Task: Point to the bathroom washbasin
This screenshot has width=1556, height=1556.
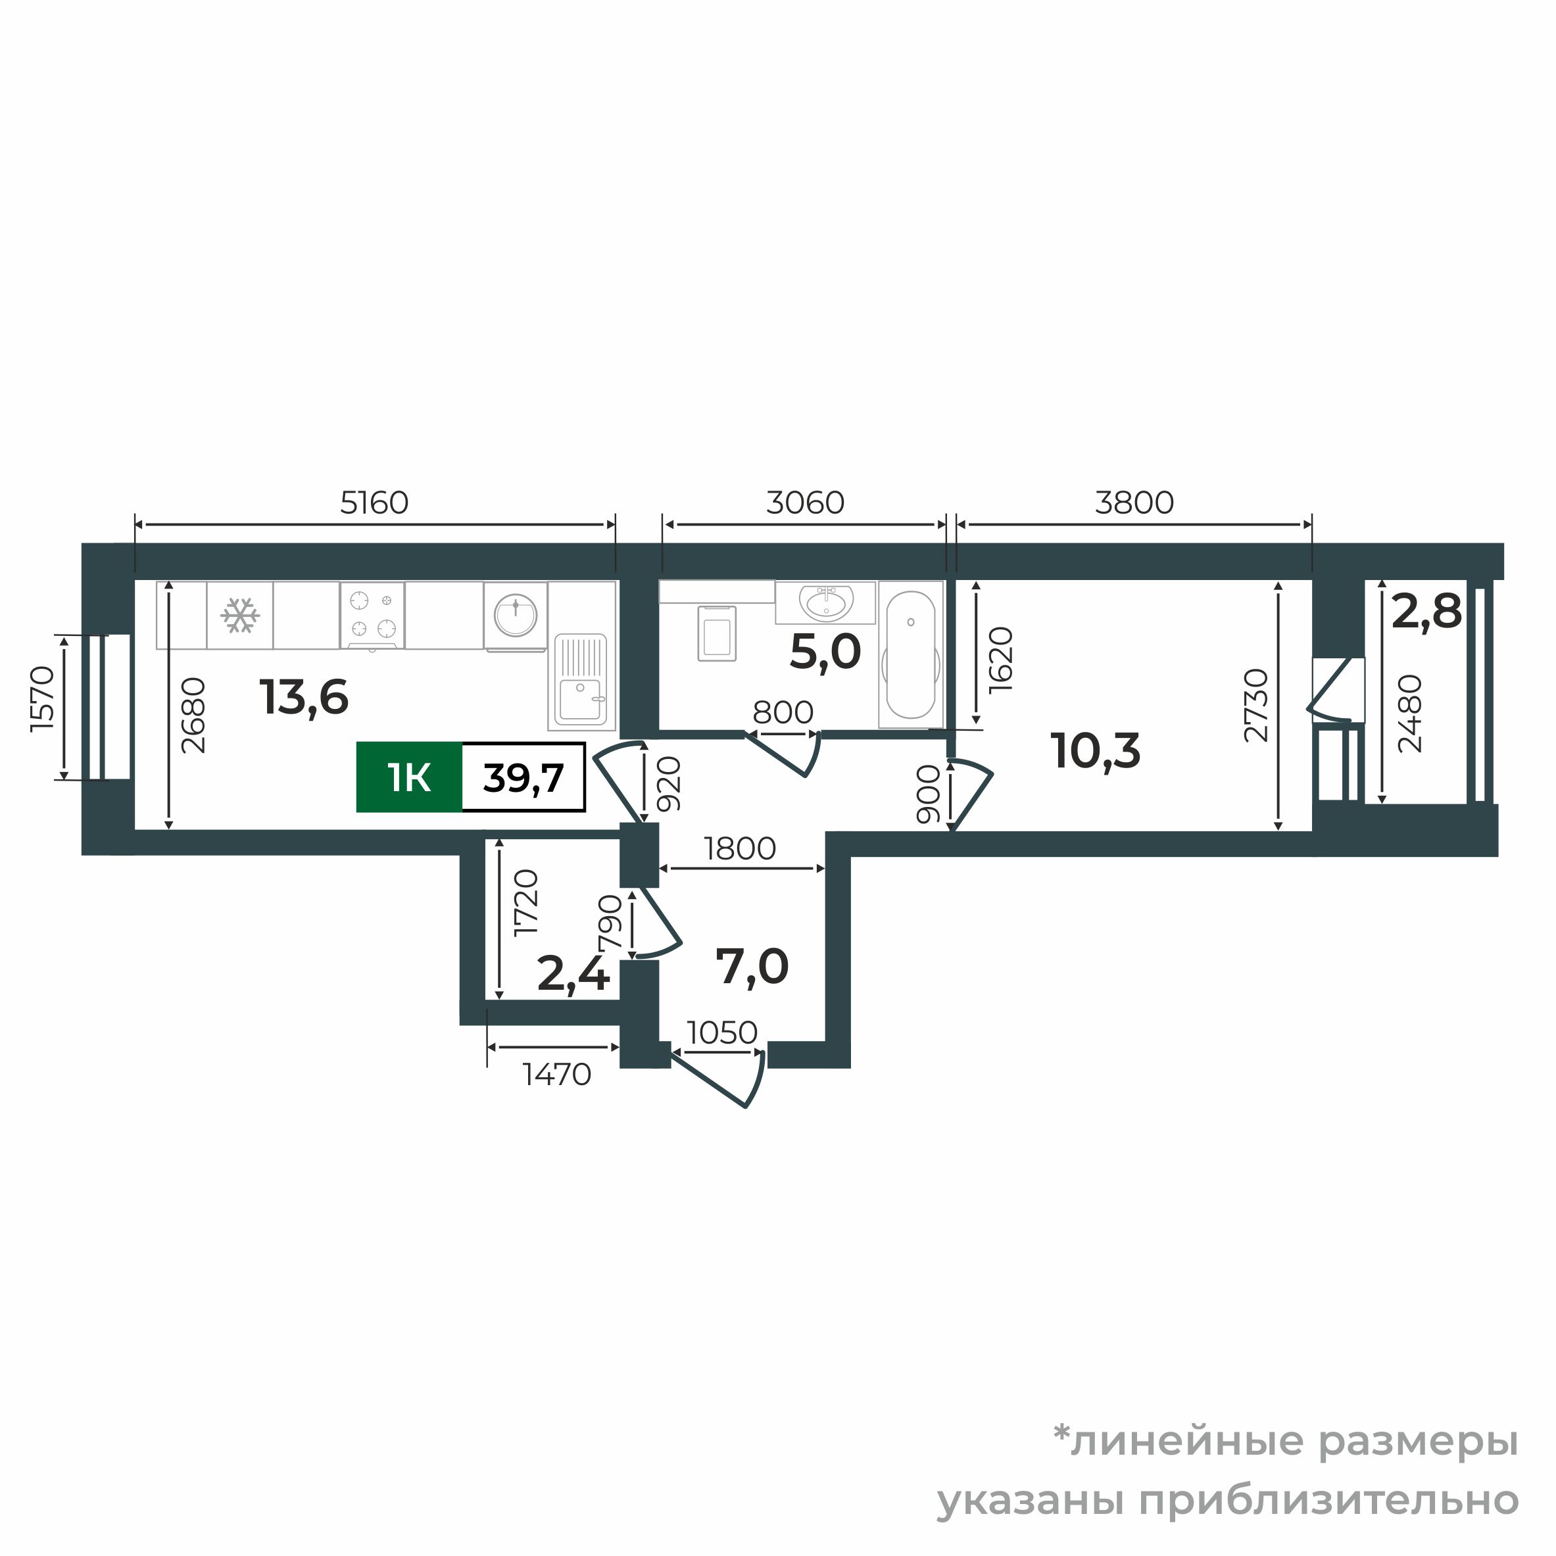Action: [825, 602]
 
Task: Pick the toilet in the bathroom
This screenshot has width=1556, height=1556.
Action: [717, 632]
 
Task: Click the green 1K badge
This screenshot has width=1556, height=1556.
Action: [409, 778]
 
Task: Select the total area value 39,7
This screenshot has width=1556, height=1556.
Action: [523, 778]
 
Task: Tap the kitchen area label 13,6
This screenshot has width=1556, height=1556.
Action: [304, 698]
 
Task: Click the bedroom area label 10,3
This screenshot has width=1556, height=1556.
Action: [1096, 750]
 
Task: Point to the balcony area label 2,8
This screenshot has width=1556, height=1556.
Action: [1426, 612]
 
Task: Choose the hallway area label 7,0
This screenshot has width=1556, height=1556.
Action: [752, 967]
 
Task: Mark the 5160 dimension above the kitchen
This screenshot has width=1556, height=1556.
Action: [374, 502]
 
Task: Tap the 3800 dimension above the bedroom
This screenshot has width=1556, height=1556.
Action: [1134, 502]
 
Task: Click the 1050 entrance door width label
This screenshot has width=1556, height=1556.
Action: [722, 1033]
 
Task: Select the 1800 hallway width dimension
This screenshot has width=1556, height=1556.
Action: [739, 848]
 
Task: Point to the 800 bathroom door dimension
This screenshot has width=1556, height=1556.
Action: [783, 712]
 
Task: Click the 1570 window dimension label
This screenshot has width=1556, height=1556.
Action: [42, 698]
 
